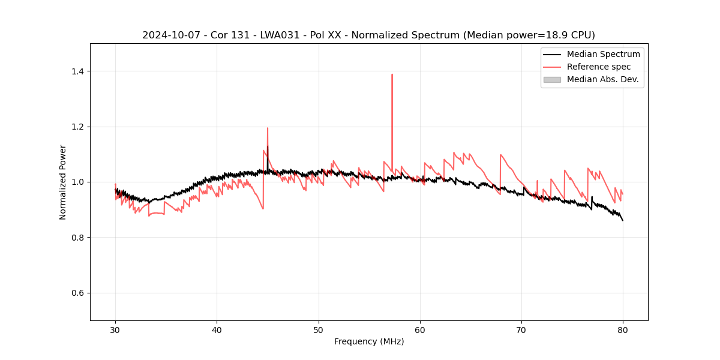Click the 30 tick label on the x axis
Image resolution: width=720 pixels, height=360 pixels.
pos(115,329)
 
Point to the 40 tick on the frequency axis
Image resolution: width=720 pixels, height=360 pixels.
pos(217,329)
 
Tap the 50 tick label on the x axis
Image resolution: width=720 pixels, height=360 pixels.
pos(319,329)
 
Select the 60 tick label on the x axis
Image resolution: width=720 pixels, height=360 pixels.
pos(420,329)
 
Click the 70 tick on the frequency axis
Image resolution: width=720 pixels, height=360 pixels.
pos(521,329)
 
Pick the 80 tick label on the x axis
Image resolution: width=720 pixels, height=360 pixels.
pos(623,329)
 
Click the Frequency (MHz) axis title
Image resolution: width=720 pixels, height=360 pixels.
pos(369,341)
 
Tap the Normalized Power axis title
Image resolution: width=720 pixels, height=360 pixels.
pos(63,182)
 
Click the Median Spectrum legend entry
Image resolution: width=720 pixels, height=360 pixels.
pos(603,54)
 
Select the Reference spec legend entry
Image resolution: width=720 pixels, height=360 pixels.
pos(598,67)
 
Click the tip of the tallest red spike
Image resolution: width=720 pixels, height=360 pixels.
pos(392,74)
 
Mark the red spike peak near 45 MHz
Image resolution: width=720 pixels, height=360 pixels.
pos(268,128)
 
